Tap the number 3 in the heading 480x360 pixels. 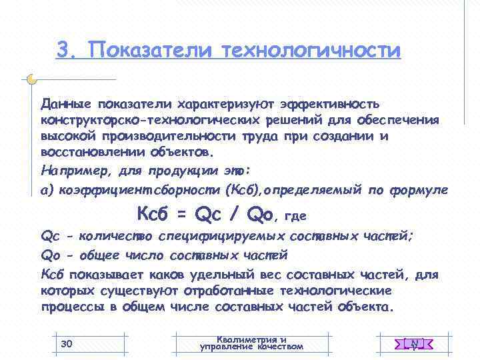(64, 50)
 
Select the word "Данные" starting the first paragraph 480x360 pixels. (66, 104)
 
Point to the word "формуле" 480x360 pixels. (422, 191)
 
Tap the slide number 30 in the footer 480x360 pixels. (66, 343)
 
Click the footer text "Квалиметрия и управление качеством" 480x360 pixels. (251, 343)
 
